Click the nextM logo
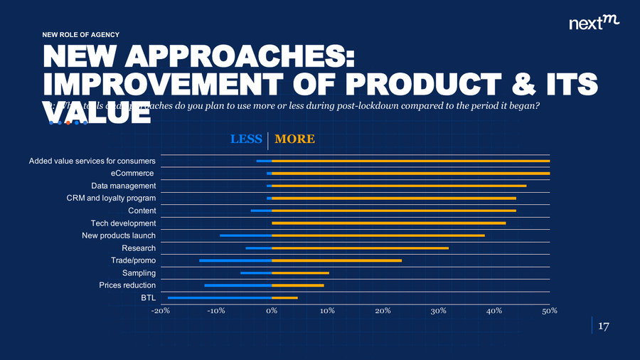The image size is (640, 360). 594,23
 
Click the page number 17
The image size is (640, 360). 604,327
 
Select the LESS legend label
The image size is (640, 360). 246,139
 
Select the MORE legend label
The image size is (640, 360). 294,139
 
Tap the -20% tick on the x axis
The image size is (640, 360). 160,311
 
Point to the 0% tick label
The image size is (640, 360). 272,311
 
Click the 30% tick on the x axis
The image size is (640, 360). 439,311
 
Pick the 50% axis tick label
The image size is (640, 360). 550,311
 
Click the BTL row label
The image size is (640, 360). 148,297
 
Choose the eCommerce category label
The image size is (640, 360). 132,174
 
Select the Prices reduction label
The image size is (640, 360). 127,285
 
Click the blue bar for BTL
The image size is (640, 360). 220,297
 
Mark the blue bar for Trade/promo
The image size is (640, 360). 235,260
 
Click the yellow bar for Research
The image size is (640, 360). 361,248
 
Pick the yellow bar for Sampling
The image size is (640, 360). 300,272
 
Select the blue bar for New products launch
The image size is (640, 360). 246,235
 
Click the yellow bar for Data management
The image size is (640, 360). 399,186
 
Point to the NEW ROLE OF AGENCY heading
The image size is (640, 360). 81,34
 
